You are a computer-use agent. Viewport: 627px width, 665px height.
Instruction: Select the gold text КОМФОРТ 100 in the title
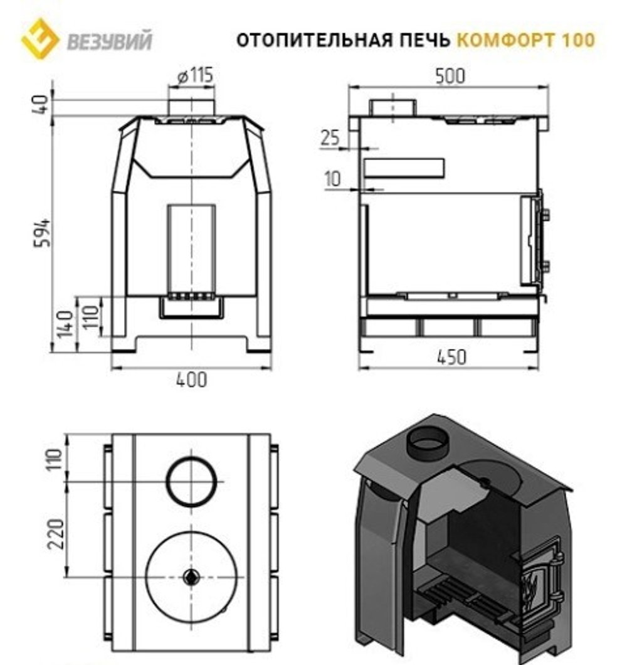point(525,40)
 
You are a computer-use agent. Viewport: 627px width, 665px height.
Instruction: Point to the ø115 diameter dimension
point(195,77)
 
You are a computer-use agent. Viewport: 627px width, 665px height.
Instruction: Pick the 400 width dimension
point(191,380)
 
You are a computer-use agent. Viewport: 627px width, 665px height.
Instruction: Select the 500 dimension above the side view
point(450,77)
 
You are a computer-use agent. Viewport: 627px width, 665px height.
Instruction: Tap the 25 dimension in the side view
point(330,137)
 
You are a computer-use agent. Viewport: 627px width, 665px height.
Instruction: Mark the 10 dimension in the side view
point(333,179)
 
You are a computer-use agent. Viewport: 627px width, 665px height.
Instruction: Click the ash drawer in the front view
point(192,307)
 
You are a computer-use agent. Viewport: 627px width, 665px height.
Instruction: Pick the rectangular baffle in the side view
point(404,168)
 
